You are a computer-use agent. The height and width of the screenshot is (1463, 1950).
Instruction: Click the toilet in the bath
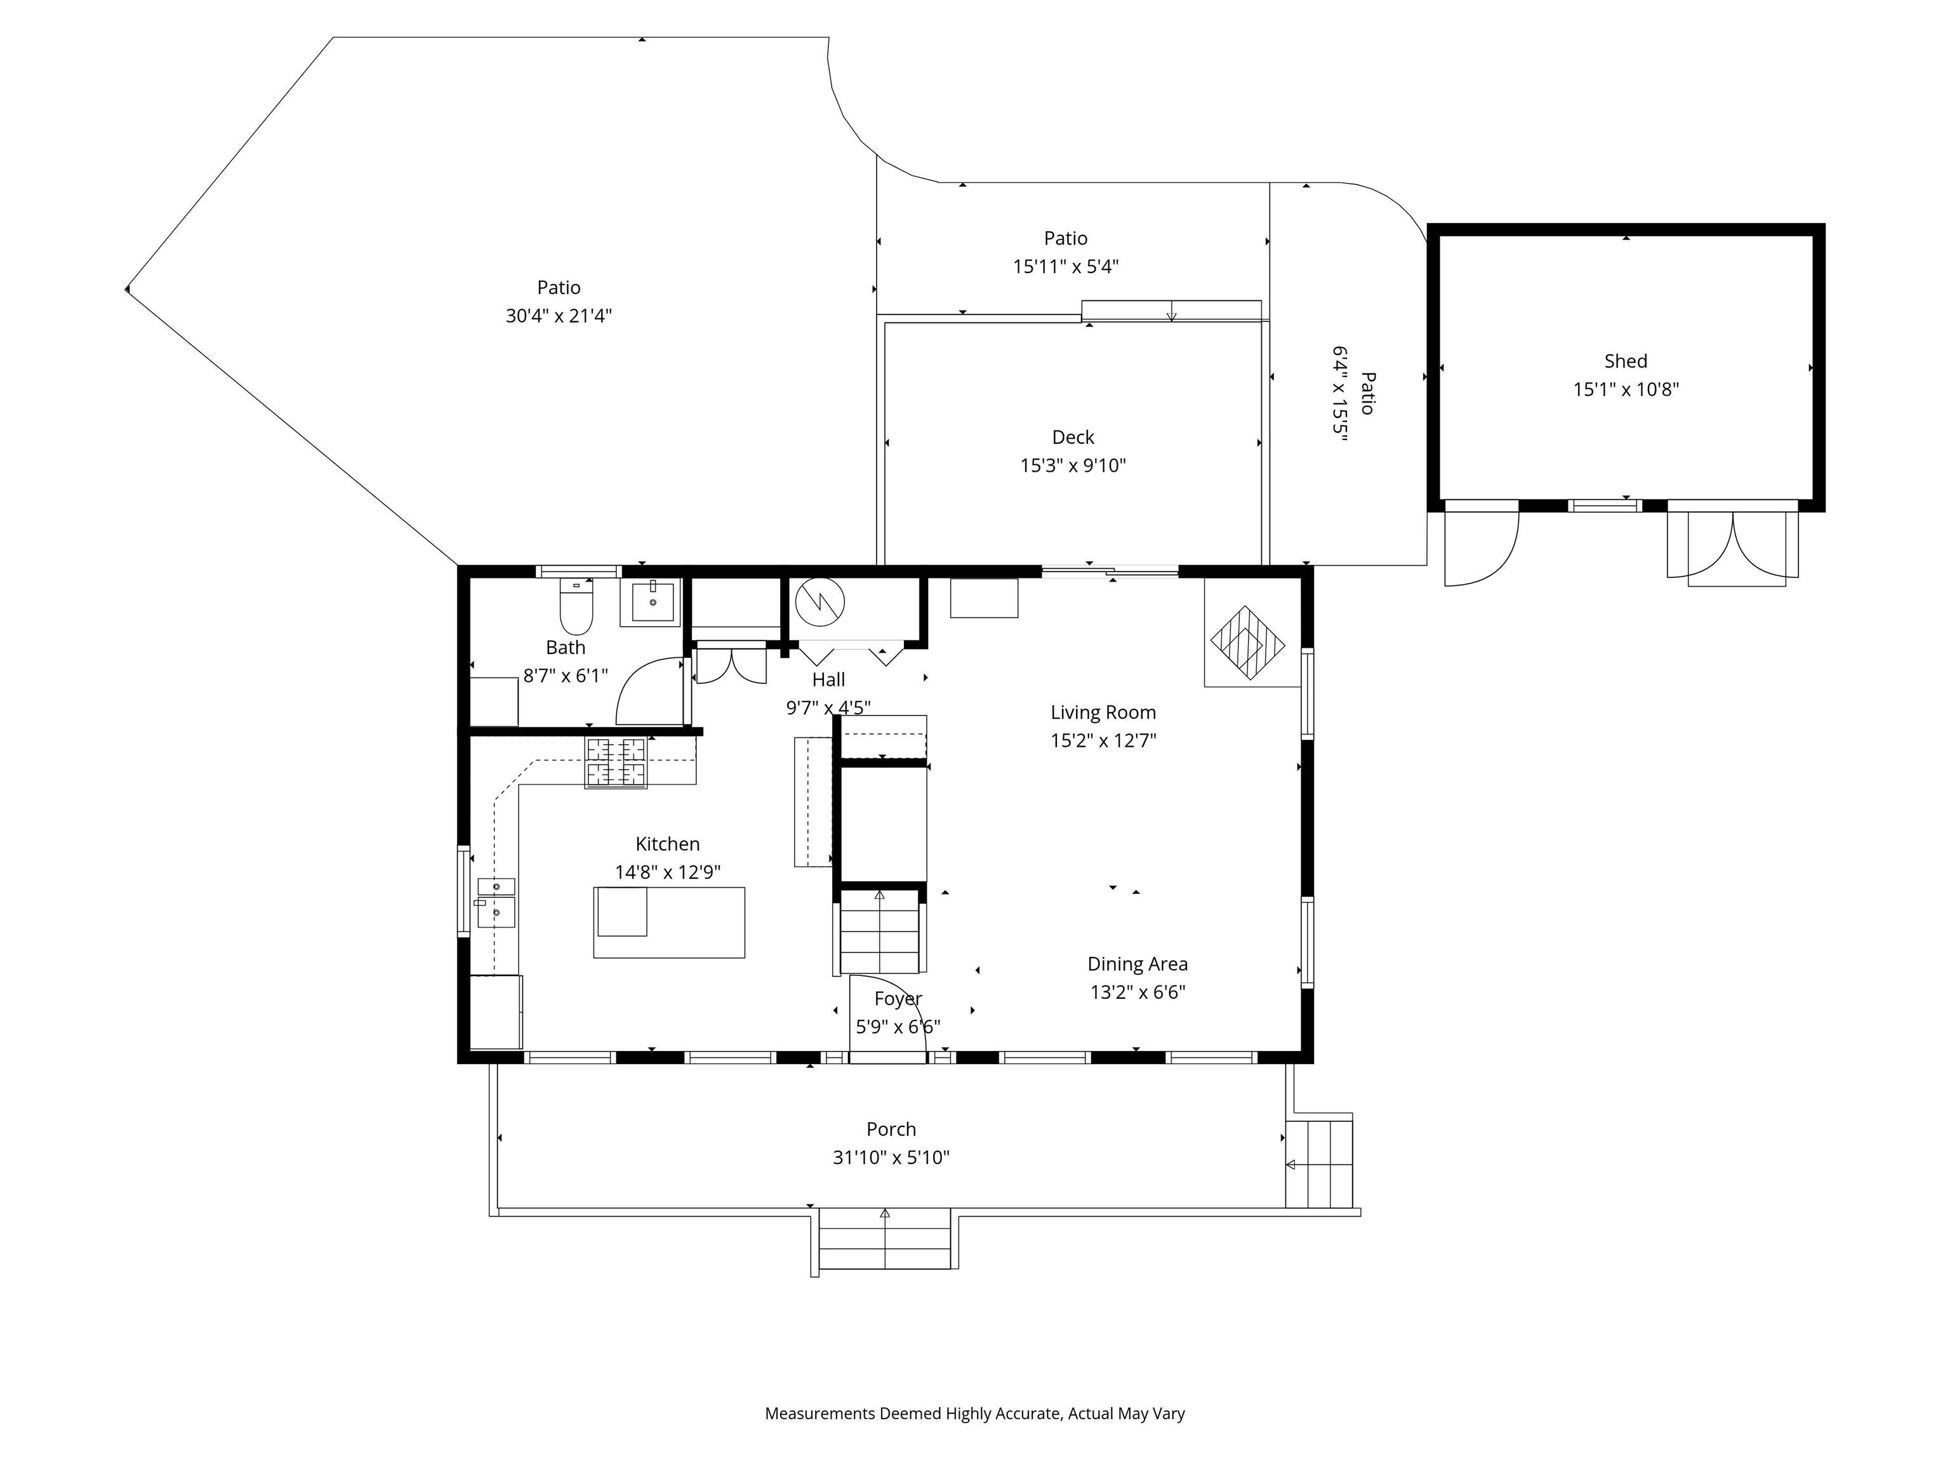click(x=576, y=606)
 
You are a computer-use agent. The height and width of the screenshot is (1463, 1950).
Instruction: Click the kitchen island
click(x=669, y=923)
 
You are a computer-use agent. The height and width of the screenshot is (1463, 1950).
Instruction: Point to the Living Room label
click(x=1103, y=712)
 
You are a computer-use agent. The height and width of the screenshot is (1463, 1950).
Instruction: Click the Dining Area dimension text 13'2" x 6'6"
click(x=1137, y=992)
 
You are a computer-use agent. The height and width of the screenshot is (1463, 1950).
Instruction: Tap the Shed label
click(x=1626, y=361)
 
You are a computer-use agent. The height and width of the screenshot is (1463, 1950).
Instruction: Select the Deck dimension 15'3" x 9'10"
click(x=1073, y=465)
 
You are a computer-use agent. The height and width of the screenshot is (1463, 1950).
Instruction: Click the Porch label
click(x=891, y=1129)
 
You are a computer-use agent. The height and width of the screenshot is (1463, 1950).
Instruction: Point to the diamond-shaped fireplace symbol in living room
click(x=1247, y=642)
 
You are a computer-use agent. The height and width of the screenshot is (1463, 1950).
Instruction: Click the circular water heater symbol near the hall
click(x=820, y=603)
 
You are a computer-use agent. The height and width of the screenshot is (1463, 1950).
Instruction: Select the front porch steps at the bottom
click(x=885, y=1241)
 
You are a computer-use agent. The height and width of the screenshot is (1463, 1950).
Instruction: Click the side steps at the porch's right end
click(x=1319, y=1163)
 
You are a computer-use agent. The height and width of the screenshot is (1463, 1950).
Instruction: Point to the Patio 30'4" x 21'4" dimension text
click(x=559, y=316)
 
